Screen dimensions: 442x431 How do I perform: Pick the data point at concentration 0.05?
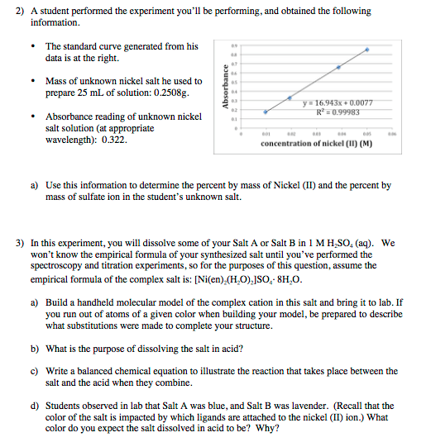coord(367,50)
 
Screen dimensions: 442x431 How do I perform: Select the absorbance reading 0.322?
coord(113,140)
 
